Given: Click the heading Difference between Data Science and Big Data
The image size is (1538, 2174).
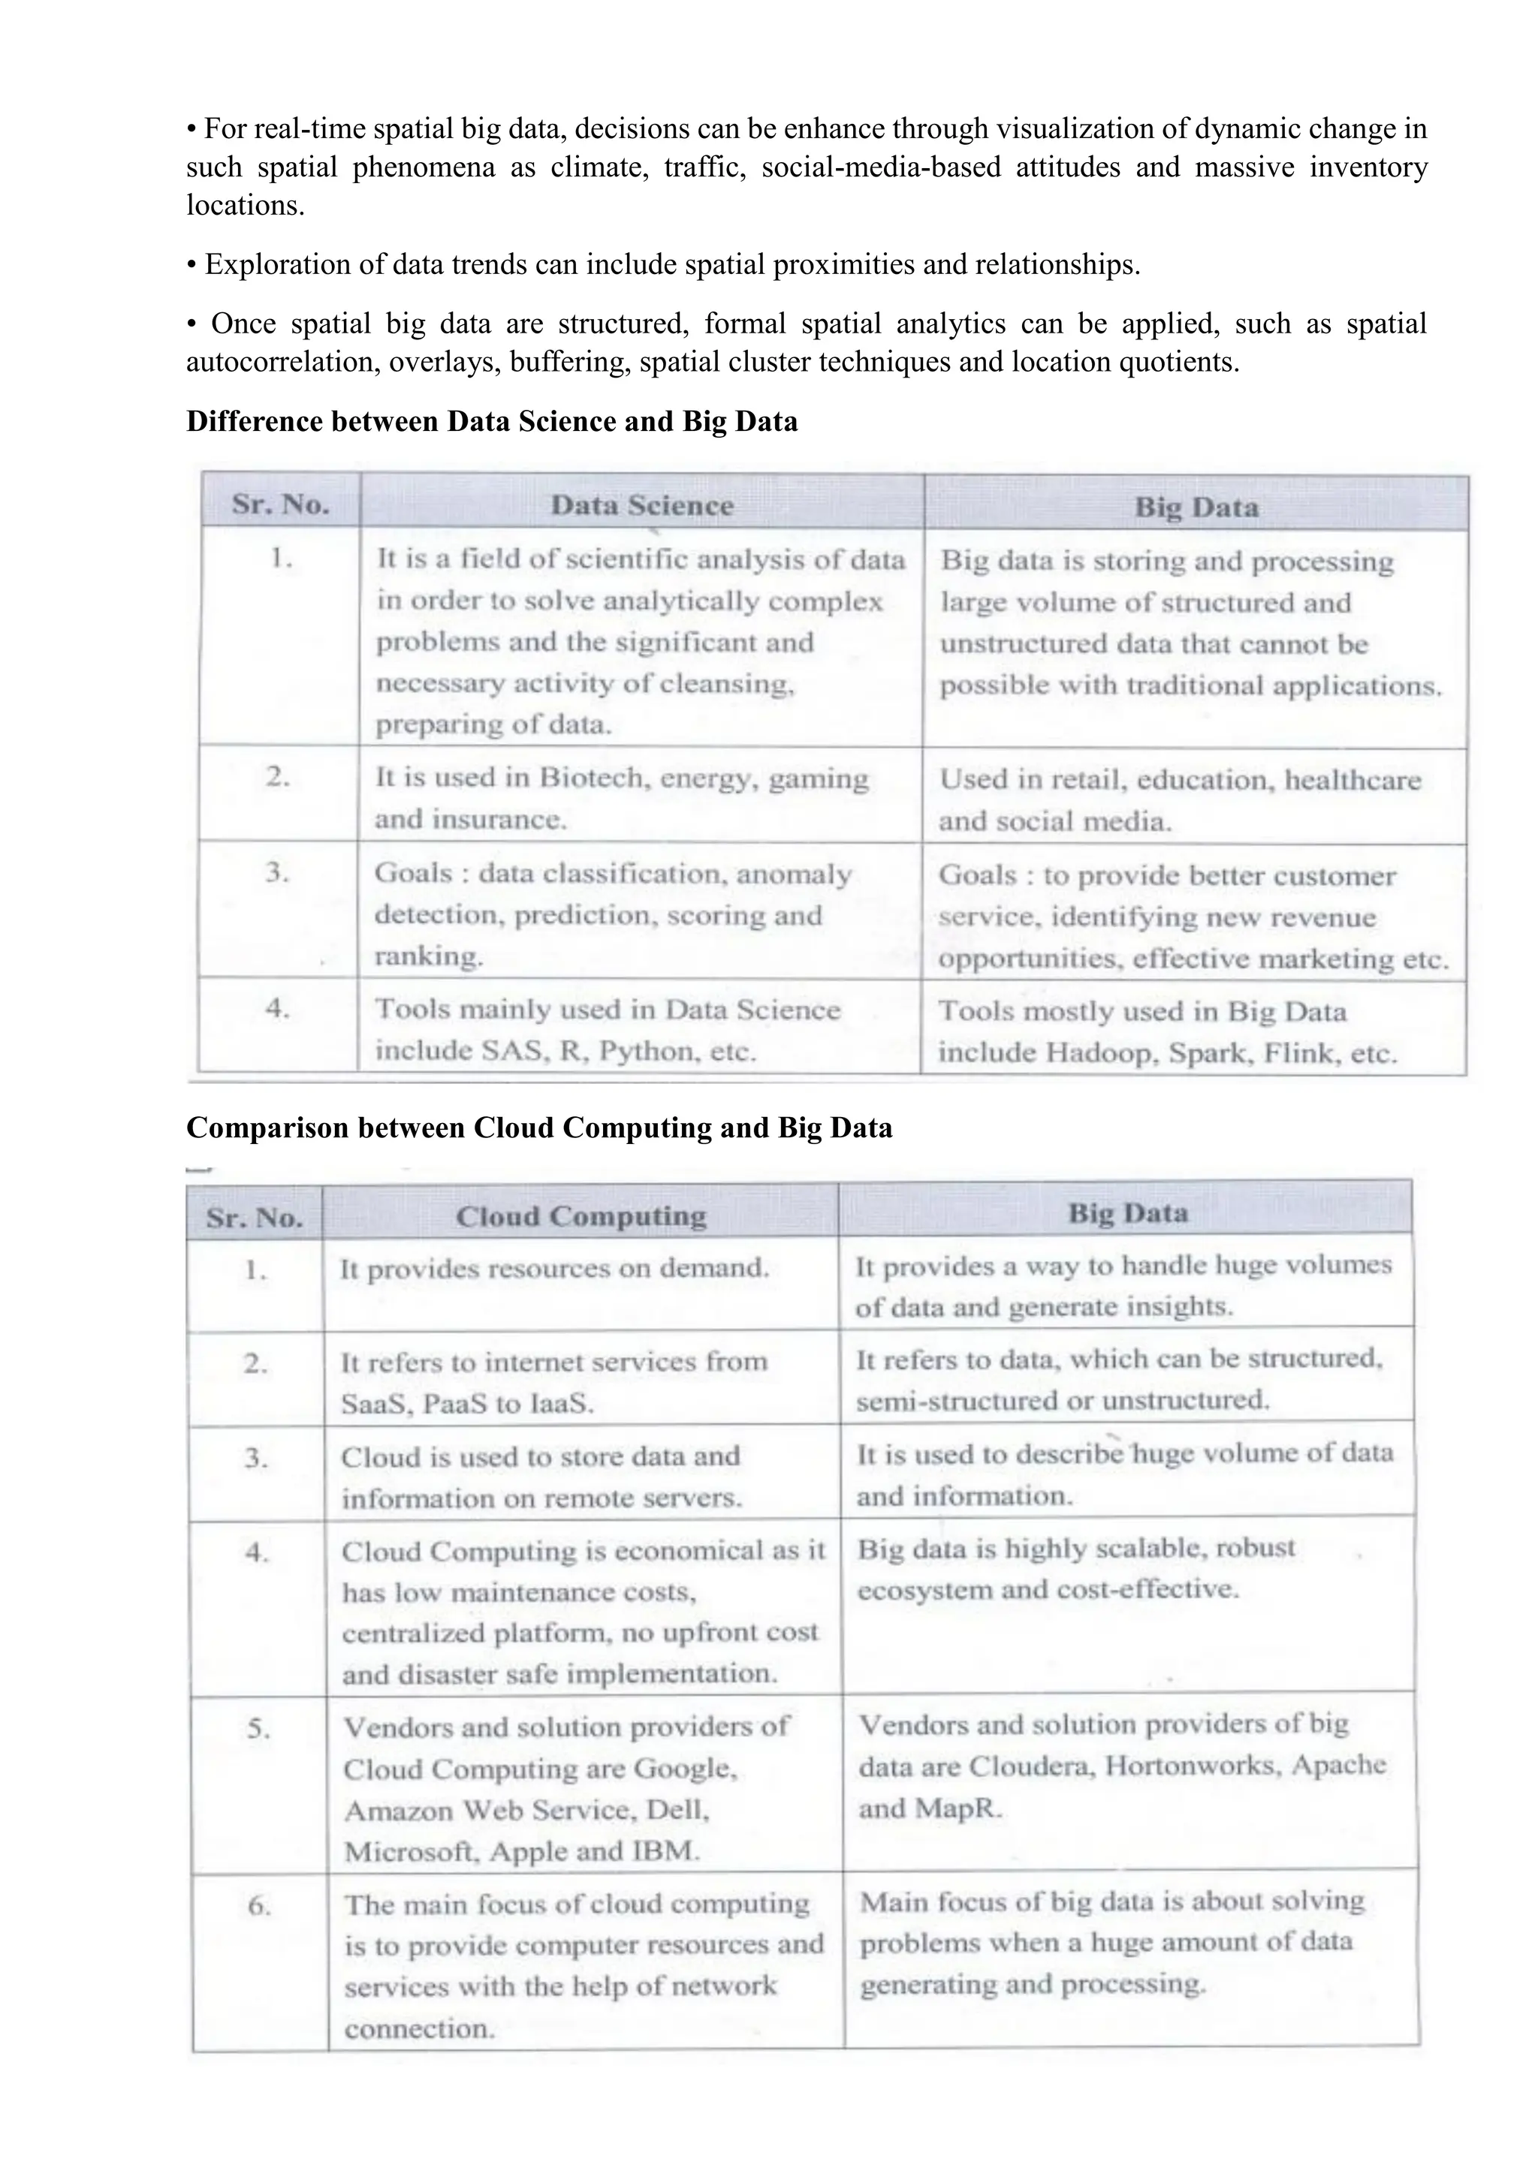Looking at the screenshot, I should click(x=492, y=420).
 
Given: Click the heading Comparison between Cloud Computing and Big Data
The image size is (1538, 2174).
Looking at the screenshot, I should click(x=539, y=1127).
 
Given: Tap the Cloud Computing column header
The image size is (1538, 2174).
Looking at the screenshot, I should click(x=581, y=1217).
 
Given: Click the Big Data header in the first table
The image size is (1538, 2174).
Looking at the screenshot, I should click(x=1196, y=507).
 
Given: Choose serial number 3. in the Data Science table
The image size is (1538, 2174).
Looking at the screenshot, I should click(x=276, y=872).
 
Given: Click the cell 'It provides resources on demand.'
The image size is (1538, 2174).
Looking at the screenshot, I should click(x=554, y=1268).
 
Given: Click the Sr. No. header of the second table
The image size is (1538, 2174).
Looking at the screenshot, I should click(x=254, y=1218).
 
